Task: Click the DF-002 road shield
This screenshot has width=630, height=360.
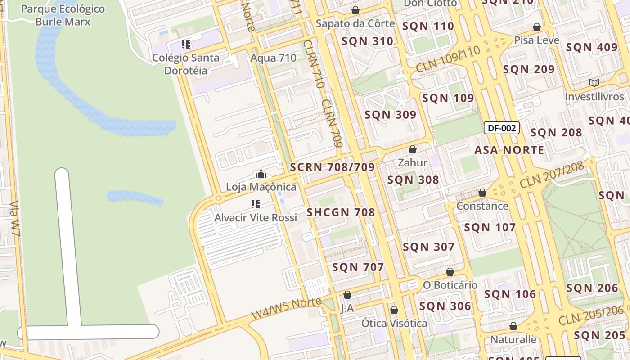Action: pos(502,128)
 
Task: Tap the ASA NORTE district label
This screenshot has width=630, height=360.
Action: pos(509,150)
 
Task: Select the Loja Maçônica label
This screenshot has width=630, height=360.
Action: pos(261,187)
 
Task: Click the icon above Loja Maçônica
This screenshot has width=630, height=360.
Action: pos(261,174)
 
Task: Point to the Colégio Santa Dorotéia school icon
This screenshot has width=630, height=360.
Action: pos(186,45)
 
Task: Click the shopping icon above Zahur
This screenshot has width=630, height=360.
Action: pos(412,149)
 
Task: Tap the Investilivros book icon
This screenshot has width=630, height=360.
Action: pos(594,83)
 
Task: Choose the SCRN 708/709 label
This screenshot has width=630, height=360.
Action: pos(332,167)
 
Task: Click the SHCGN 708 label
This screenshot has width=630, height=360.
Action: pos(341,212)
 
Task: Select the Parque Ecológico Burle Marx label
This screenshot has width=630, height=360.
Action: pos(63,15)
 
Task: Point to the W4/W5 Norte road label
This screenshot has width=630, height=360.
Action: pos(287,308)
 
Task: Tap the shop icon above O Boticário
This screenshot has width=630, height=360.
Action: pos(450,272)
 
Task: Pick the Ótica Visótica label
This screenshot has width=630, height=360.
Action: pos(394,323)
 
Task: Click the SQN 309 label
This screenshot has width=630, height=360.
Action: pos(390,115)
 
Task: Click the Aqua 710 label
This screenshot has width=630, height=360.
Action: pos(273,58)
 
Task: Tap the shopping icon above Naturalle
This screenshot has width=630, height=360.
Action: pos(513,326)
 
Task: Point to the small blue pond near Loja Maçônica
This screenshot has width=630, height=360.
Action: pos(135,197)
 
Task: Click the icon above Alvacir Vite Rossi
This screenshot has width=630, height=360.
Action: pos(256,204)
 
